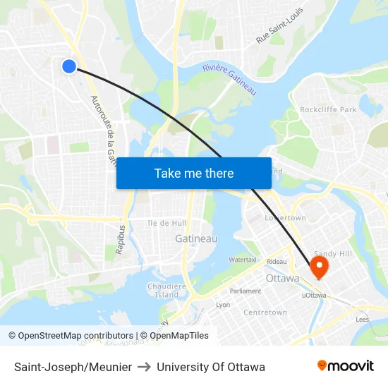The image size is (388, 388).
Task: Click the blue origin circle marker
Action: point(68,66)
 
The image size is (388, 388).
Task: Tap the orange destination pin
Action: point(320,266)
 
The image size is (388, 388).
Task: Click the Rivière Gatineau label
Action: point(229,78)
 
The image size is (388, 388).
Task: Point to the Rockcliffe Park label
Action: point(328,109)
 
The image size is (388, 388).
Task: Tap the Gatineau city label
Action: point(196,239)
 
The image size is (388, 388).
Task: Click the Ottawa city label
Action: point(282,278)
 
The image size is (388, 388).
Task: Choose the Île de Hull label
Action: point(166,222)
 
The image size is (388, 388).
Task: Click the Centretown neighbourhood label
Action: point(265,312)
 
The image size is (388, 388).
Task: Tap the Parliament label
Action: point(245,291)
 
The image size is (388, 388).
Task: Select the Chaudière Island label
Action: point(166,290)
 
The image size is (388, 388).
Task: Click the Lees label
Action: point(363,320)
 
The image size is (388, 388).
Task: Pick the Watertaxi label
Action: point(242,260)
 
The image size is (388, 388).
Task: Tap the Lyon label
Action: point(223,305)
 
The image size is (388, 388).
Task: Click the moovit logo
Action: point(345,365)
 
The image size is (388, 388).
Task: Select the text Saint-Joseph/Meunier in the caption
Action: point(73,367)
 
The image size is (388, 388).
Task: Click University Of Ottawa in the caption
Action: point(211,367)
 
